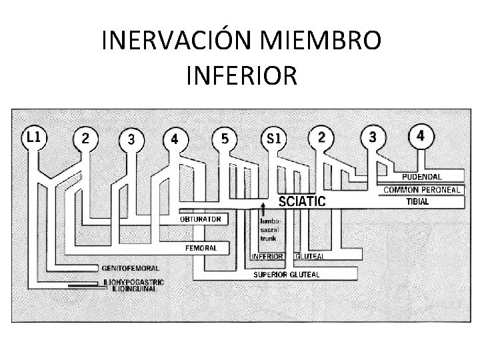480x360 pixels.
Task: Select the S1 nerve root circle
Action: [x=274, y=139]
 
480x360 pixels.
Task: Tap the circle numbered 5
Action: [x=225, y=139]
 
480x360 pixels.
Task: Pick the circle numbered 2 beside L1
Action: [x=85, y=138]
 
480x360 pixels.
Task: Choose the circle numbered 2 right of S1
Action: [x=322, y=137]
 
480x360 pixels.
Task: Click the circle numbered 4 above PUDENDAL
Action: [x=420, y=135]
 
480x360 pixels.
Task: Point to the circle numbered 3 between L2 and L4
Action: [x=132, y=139]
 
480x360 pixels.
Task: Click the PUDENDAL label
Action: [x=422, y=177]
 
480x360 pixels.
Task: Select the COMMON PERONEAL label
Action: [x=423, y=190]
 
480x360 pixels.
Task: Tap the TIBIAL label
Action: [x=418, y=201]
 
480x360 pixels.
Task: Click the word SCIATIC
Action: [x=301, y=201]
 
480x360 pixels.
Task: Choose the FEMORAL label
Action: [x=201, y=247]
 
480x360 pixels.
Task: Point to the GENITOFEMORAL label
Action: [x=130, y=267]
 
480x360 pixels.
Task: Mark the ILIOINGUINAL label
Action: [x=134, y=289]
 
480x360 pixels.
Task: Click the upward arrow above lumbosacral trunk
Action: [x=264, y=207]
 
